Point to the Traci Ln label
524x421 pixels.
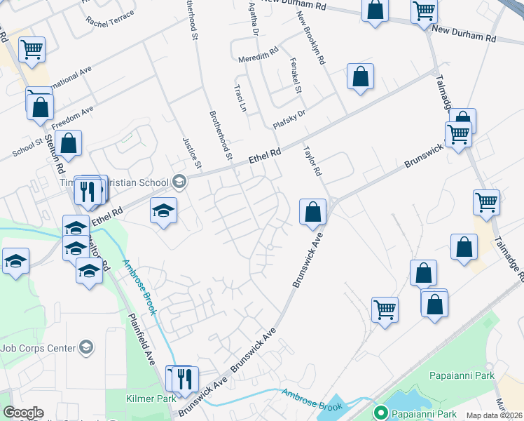tap(240, 99)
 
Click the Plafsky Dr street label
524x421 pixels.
tap(289, 117)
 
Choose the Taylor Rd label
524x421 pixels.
tap(312, 161)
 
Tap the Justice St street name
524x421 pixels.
tap(191, 154)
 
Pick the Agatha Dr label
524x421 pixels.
tap(254, 19)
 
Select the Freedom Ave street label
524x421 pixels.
tap(73, 117)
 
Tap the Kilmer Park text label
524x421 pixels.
tap(151, 399)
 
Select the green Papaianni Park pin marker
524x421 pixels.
tap(381, 413)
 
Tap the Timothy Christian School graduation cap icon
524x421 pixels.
tap(179, 182)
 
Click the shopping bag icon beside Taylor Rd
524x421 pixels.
tap(312, 210)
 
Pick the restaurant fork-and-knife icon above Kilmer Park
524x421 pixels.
tap(184, 378)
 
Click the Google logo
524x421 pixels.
tap(23, 413)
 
